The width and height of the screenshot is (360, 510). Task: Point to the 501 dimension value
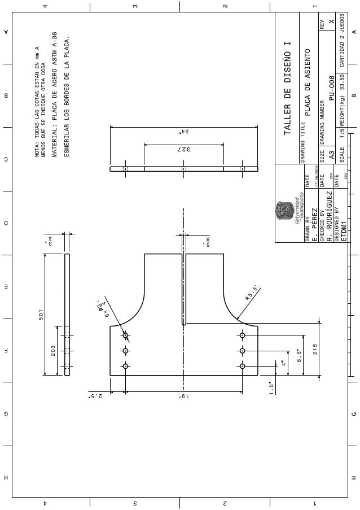pyautogui.click(x=41, y=315)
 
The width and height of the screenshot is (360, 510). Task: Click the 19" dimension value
pyautogui.click(x=183, y=397)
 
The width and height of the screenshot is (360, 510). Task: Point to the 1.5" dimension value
pyautogui.click(x=273, y=388)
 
